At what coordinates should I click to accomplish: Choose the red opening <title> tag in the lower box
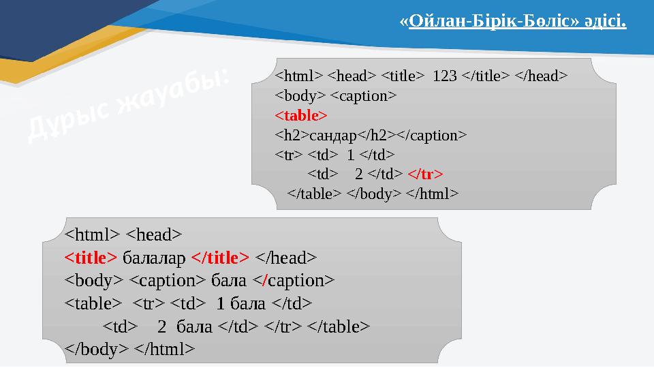click(x=91, y=258)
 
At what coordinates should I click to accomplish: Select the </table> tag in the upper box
click(x=314, y=194)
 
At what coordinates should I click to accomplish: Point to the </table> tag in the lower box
click(x=339, y=326)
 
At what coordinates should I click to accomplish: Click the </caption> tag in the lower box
click(x=300, y=280)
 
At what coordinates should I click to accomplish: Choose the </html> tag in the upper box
click(x=432, y=194)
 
